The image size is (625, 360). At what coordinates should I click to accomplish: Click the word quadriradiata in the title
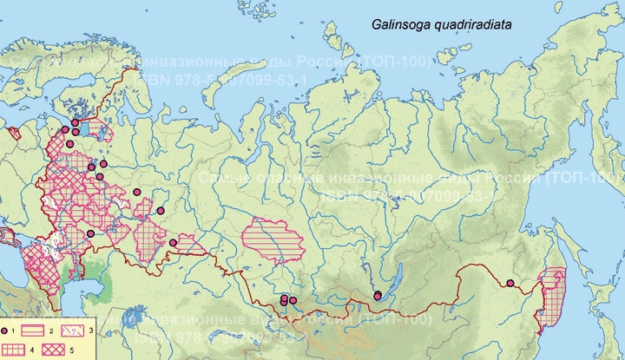(473, 26)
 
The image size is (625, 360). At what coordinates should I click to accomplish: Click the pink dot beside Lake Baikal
(378, 296)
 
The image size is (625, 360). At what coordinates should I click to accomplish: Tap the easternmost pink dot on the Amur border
(510, 284)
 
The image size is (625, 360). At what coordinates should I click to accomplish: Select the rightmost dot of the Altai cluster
(293, 299)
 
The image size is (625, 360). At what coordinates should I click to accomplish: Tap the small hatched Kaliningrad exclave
(13, 134)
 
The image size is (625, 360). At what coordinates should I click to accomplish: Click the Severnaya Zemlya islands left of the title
(334, 39)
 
